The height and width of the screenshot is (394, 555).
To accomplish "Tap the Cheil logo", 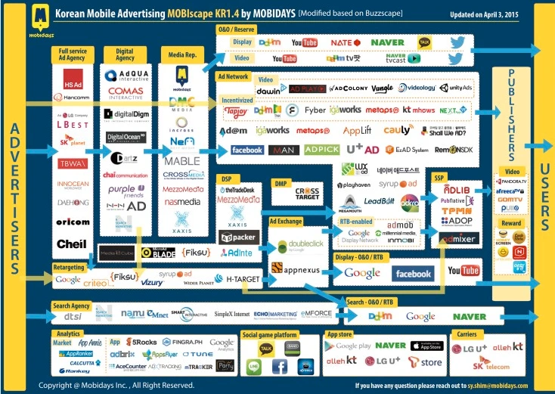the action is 71,244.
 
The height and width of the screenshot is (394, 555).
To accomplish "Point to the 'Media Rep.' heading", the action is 180,54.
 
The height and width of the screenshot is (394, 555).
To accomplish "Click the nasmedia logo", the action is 181,202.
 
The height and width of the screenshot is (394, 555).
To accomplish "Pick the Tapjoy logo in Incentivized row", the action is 236,110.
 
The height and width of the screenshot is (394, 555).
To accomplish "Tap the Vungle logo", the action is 382,88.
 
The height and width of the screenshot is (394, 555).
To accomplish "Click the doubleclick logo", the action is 300,245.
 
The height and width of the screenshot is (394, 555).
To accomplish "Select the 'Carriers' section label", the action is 466,334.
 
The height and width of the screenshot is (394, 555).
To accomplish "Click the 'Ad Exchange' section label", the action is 285,222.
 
